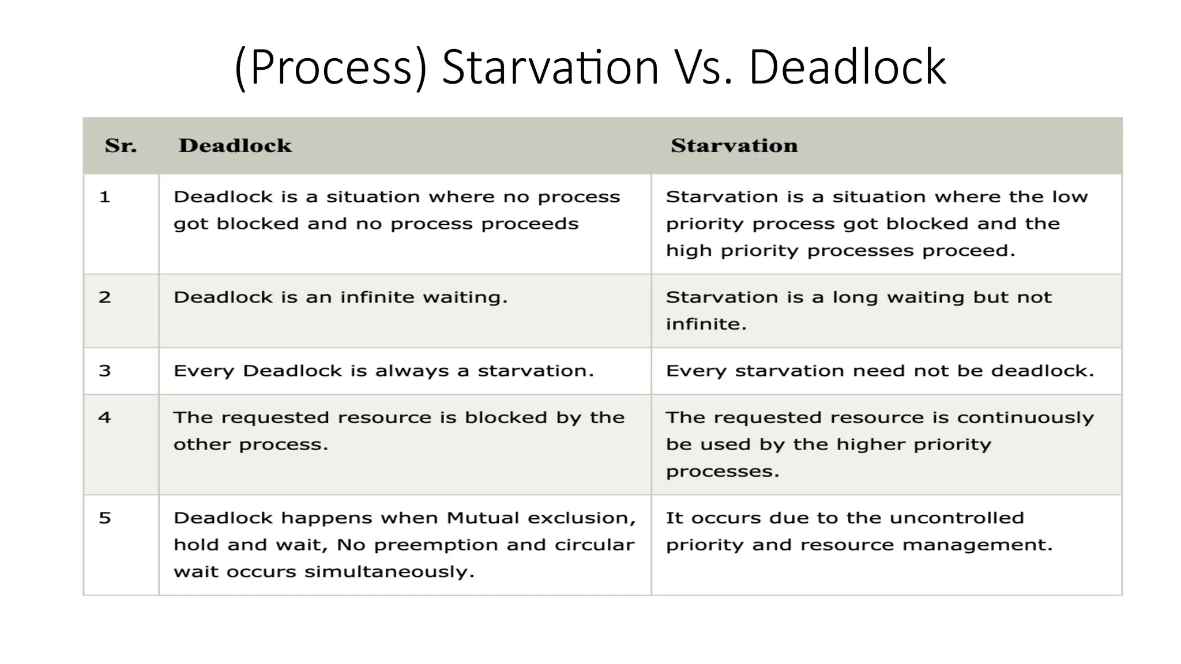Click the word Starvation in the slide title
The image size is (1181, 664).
tap(550, 67)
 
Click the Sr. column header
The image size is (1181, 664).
tap(121, 146)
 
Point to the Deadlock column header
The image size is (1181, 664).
tap(235, 146)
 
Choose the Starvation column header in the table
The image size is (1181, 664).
tap(734, 146)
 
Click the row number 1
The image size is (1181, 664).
tap(104, 197)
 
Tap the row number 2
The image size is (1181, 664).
tap(104, 297)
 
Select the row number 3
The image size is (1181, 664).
tap(104, 371)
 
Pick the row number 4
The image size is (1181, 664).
tap(104, 417)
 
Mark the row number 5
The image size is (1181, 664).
tap(104, 518)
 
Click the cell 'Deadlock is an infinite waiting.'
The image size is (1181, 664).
tap(340, 297)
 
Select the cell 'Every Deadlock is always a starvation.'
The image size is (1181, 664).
tap(383, 371)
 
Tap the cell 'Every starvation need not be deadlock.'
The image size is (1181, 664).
tap(880, 371)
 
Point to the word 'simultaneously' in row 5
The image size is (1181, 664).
tap(389, 572)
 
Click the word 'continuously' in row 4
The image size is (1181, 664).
tap(1025, 417)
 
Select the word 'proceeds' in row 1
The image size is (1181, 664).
tap(530, 224)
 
